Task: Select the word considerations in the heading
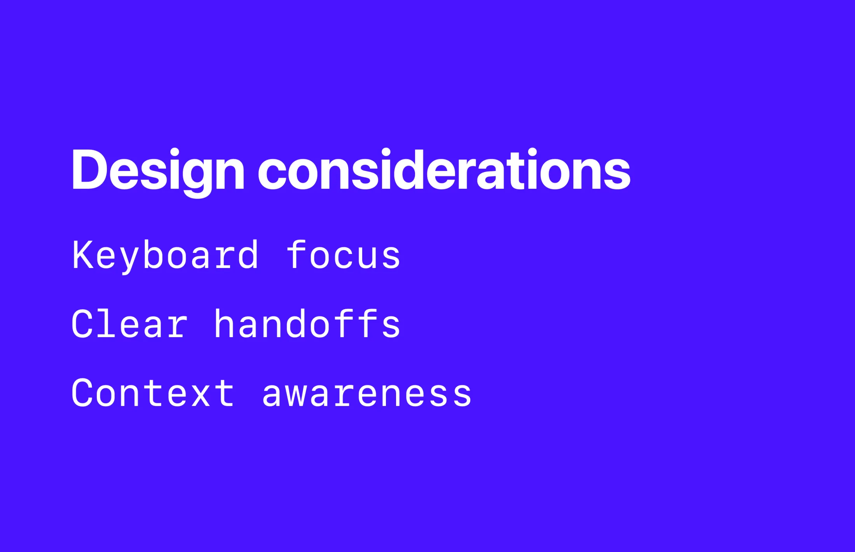[444, 170]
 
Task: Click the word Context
[153, 393]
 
